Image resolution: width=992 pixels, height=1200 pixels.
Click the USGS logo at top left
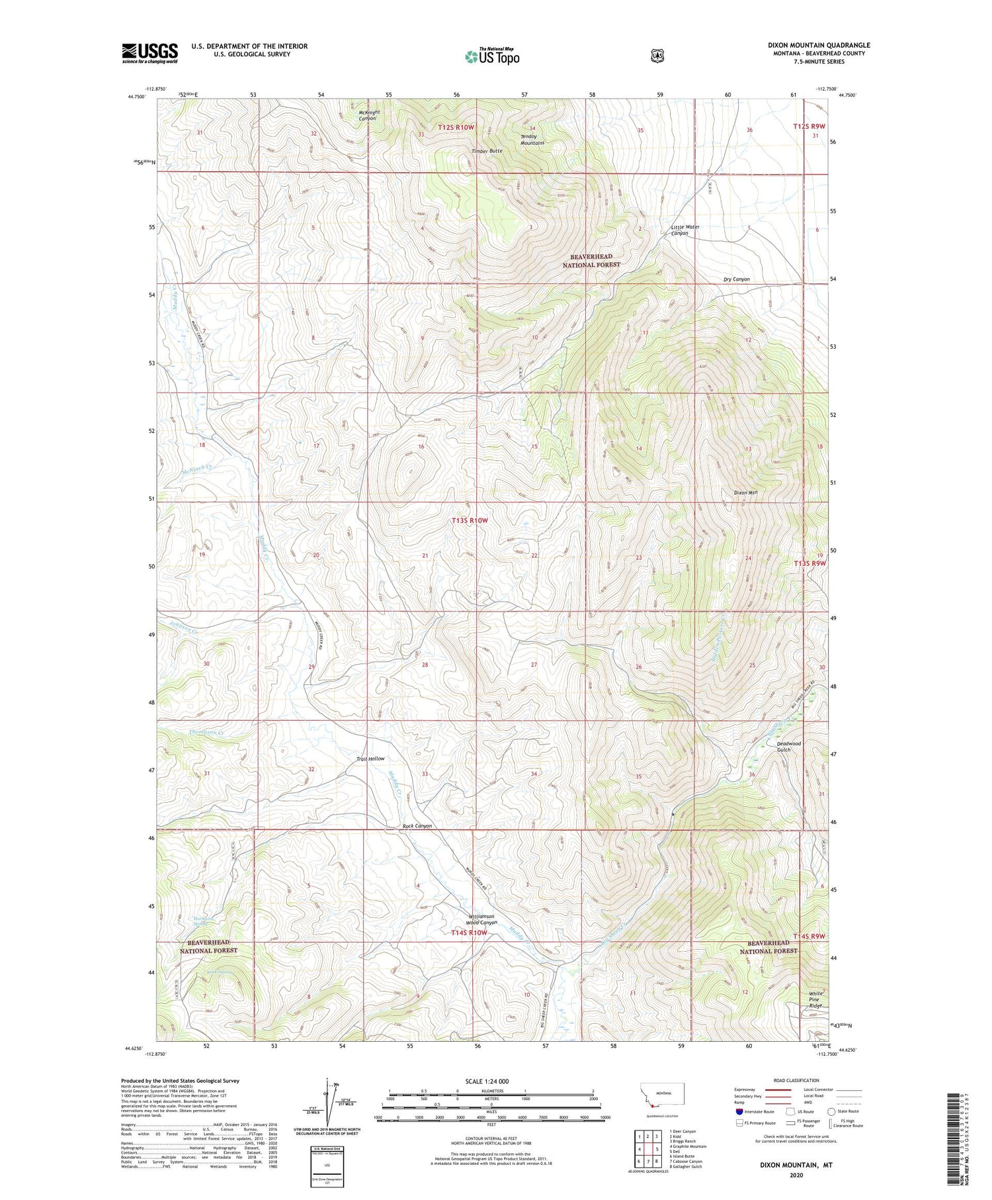click(149, 53)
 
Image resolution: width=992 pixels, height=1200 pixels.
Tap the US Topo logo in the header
click(493, 56)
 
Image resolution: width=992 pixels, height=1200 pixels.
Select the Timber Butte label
click(487, 151)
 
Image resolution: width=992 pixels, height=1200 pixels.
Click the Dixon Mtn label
click(745, 492)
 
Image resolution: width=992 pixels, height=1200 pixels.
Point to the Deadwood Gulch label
click(788, 746)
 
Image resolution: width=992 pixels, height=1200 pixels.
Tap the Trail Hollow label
click(370, 759)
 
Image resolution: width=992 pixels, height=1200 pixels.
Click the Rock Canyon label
click(417, 826)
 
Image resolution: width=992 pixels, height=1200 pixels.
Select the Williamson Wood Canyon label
click(481, 919)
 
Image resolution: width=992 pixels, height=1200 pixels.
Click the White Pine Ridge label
click(816, 999)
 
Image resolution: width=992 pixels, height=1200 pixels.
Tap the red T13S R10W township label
click(470, 520)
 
